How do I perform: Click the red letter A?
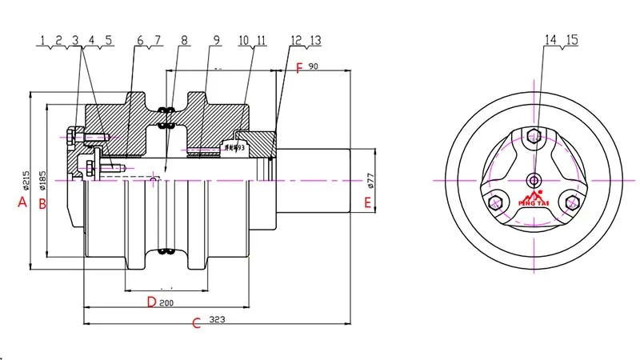[23, 203]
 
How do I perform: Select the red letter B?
[43, 203]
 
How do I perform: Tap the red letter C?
[197, 323]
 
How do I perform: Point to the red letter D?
[150, 302]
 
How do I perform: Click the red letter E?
[367, 203]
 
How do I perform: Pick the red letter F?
[299, 69]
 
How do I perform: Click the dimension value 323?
[217, 320]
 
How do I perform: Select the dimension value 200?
[167, 303]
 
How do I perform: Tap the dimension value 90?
[313, 67]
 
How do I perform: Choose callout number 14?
[550, 39]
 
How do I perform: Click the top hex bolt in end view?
[534, 134]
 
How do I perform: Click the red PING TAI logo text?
[534, 202]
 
